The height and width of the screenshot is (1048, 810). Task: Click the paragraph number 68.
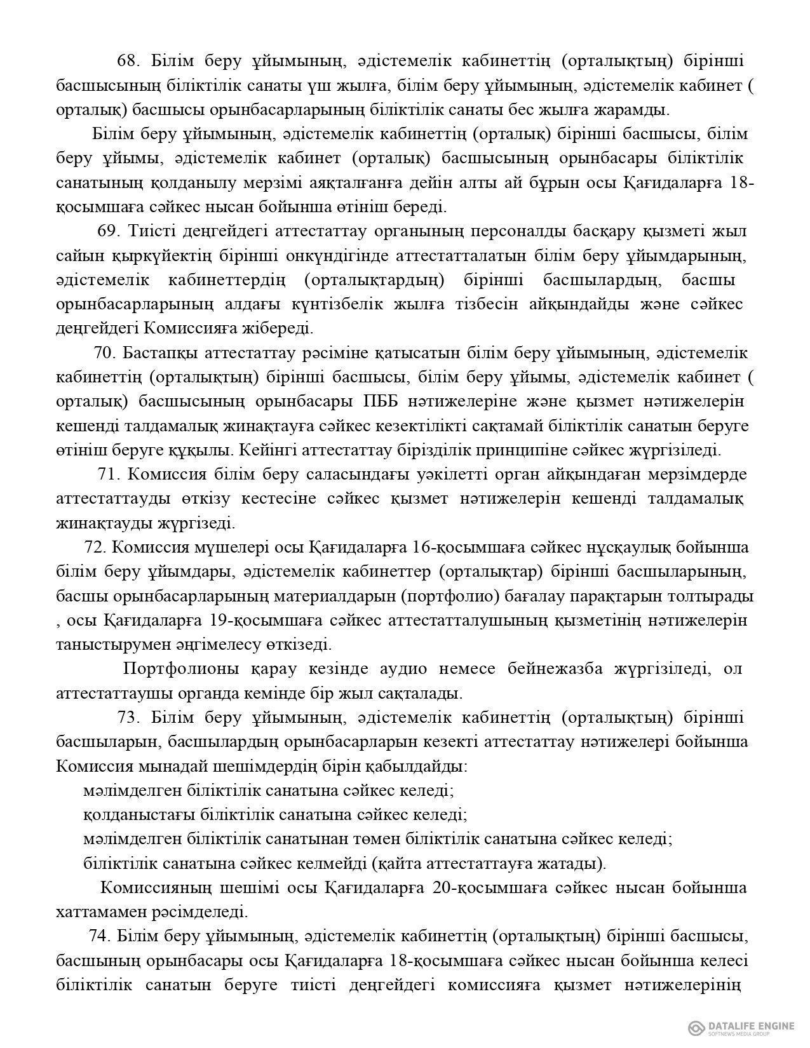tap(128, 61)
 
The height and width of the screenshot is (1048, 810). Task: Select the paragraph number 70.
tap(104, 353)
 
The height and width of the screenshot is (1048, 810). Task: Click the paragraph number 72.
tap(95, 548)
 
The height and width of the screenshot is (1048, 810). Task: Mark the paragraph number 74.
tap(100, 936)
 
